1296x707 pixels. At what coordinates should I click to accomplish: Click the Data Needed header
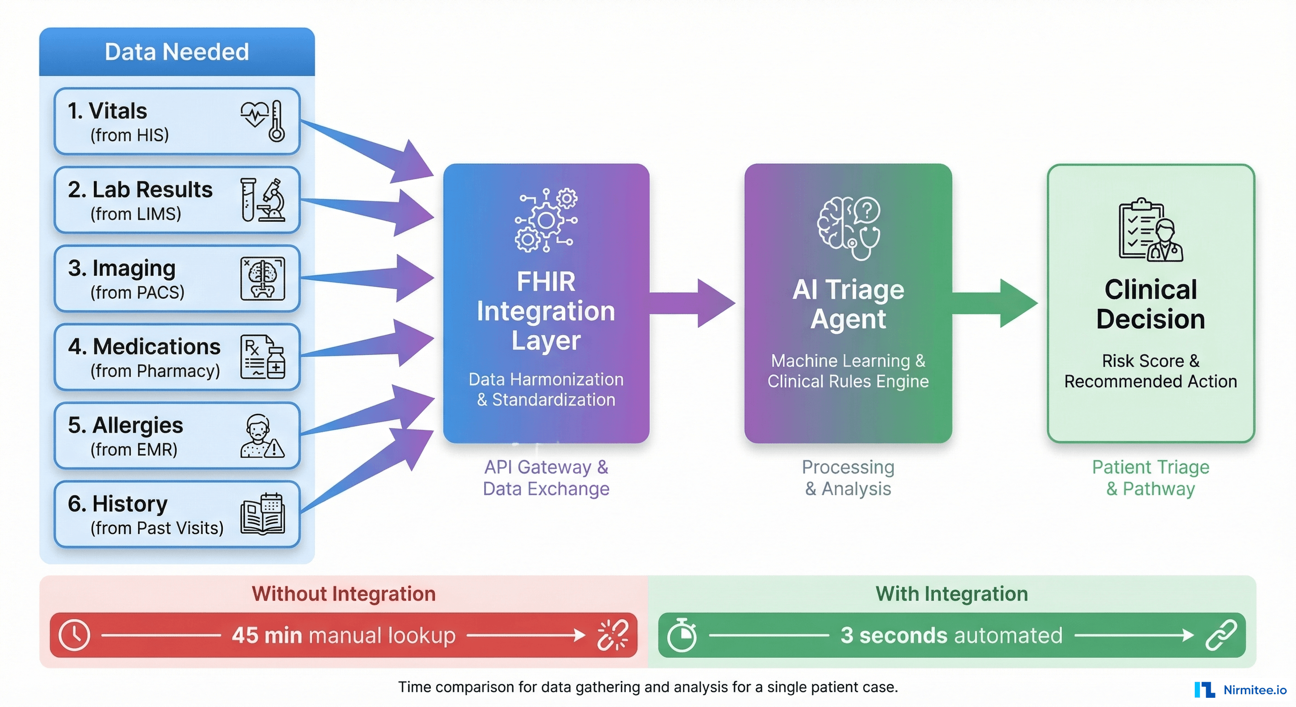[177, 52]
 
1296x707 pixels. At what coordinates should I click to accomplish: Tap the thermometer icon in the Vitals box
[276, 121]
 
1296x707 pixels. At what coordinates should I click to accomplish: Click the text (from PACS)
[137, 292]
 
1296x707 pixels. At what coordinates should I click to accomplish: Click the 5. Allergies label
[126, 425]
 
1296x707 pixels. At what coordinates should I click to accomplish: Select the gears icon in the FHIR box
[546, 220]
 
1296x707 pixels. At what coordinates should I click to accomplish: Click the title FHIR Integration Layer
[546, 311]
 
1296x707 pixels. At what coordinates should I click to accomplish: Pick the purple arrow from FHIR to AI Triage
[694, 303]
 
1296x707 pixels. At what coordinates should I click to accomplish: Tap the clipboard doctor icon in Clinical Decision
[1150, 231]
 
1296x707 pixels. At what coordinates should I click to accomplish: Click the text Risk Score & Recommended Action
[1150, 371]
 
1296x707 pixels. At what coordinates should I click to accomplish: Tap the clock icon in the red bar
[74, 635]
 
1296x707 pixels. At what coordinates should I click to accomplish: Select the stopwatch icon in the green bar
[682, 635]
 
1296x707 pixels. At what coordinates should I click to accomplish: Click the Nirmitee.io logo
[1241, 690]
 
